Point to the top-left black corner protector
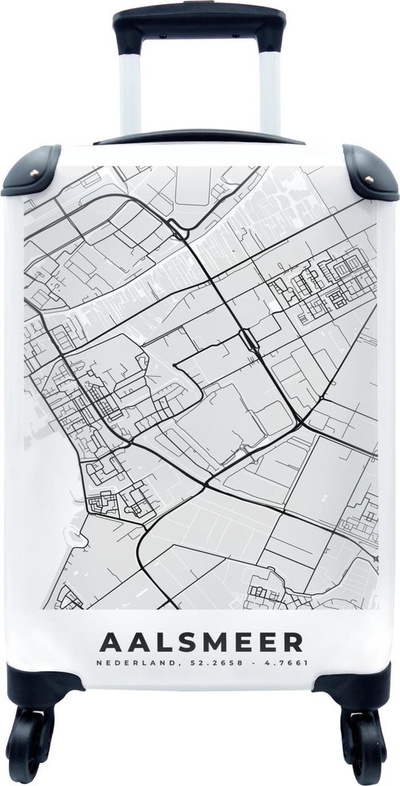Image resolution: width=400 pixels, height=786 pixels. pos(30,172)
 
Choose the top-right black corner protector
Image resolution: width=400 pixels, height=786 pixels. pos(370,172)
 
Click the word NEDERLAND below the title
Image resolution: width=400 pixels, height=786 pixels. pos(129,662)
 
